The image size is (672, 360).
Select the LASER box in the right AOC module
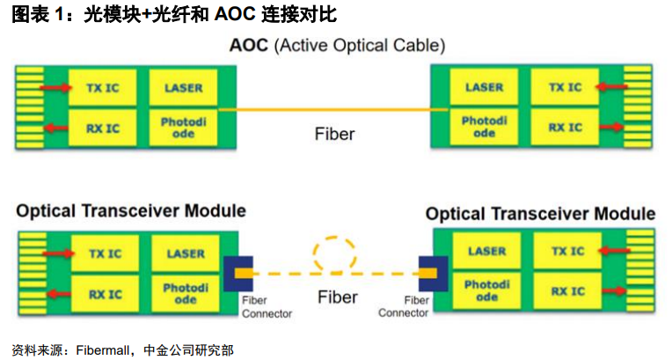[x=484, y=87]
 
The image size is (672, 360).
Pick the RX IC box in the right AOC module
[x=565, y=128]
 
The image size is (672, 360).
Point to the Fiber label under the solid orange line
[x=335, y=134]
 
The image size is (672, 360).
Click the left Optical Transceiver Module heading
[x=130, y=211]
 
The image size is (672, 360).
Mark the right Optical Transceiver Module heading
[x=540, y=214]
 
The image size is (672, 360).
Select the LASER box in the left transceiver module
[x=184, y=253]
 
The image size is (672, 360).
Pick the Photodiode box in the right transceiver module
[x=486, y=291]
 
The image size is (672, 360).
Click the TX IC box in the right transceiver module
[x=566, y=252]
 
